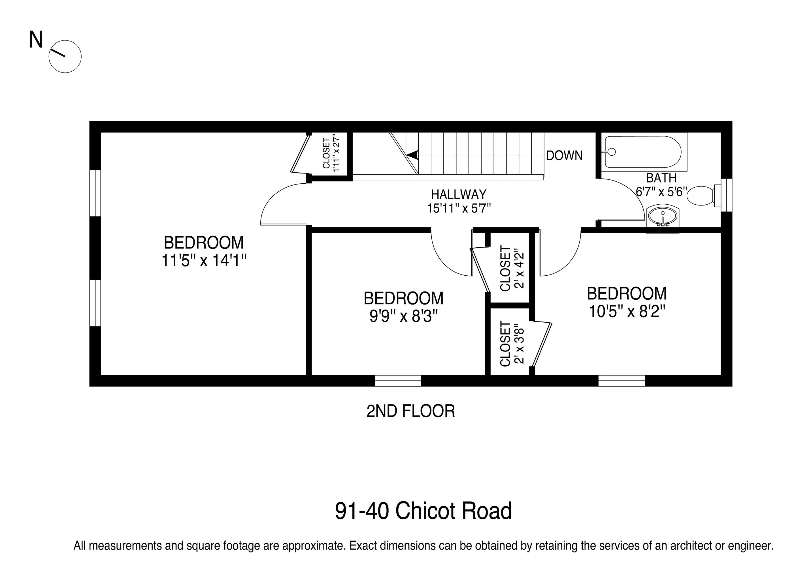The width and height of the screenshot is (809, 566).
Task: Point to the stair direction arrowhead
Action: click(x=412, y=155)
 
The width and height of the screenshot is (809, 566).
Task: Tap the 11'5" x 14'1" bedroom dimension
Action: click(x=204, y=261)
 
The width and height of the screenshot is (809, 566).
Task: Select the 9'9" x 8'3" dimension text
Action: click(x=403, y=316)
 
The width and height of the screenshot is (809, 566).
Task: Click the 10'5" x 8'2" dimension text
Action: click(x=627, y=311)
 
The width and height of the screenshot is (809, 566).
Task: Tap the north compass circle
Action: click(x=65, y=57)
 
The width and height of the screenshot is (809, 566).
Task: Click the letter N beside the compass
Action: click(x=36, y=40)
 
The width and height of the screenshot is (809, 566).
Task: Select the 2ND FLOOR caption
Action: click(x=410, y=411)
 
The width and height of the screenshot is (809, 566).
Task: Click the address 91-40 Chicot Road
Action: click(x=423, y=511)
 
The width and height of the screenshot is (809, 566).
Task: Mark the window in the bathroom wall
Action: click(x=726, y=195)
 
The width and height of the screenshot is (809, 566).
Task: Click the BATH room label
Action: click(x=661, y=178)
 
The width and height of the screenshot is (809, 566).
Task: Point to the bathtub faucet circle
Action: click(x=612, y=152)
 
